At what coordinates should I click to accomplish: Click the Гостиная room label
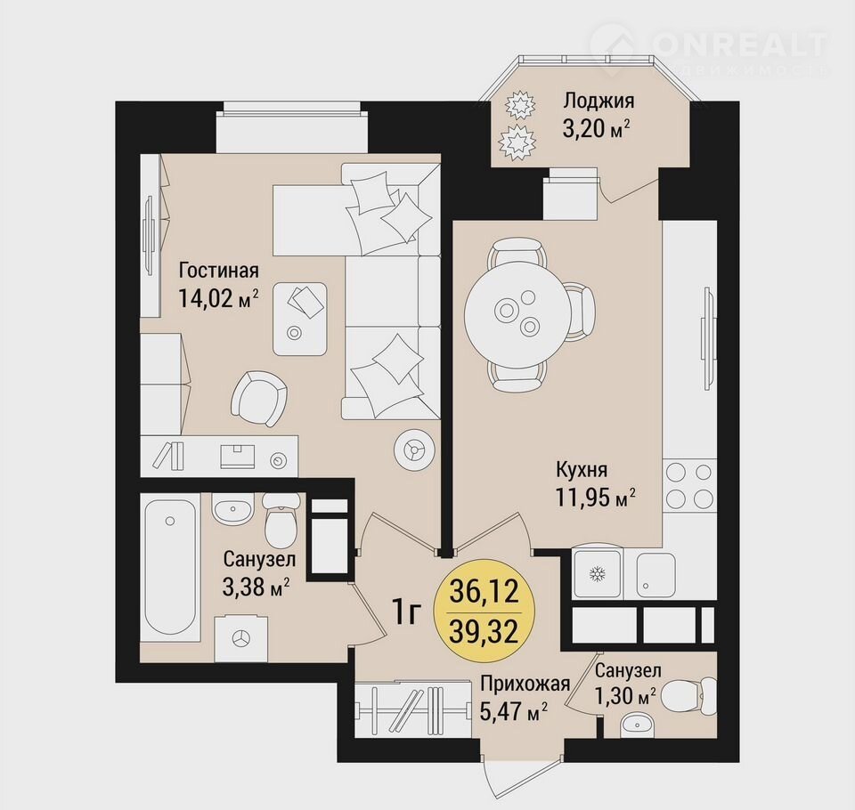tap(219, 270)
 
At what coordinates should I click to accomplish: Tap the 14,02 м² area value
tap(218, 299)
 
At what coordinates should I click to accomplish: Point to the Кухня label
tap(582, 469)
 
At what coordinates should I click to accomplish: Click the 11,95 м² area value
tap(596, 497)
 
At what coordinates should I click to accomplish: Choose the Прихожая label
tap(525, 683)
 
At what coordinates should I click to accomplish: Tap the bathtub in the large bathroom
tap(170, 568)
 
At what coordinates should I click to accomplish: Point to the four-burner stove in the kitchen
tap(689, 484)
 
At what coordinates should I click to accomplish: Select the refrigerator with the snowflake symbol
tap(598, 574)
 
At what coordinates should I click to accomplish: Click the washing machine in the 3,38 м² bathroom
tap(241, 638)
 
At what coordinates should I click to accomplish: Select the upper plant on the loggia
tap(518, 105)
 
